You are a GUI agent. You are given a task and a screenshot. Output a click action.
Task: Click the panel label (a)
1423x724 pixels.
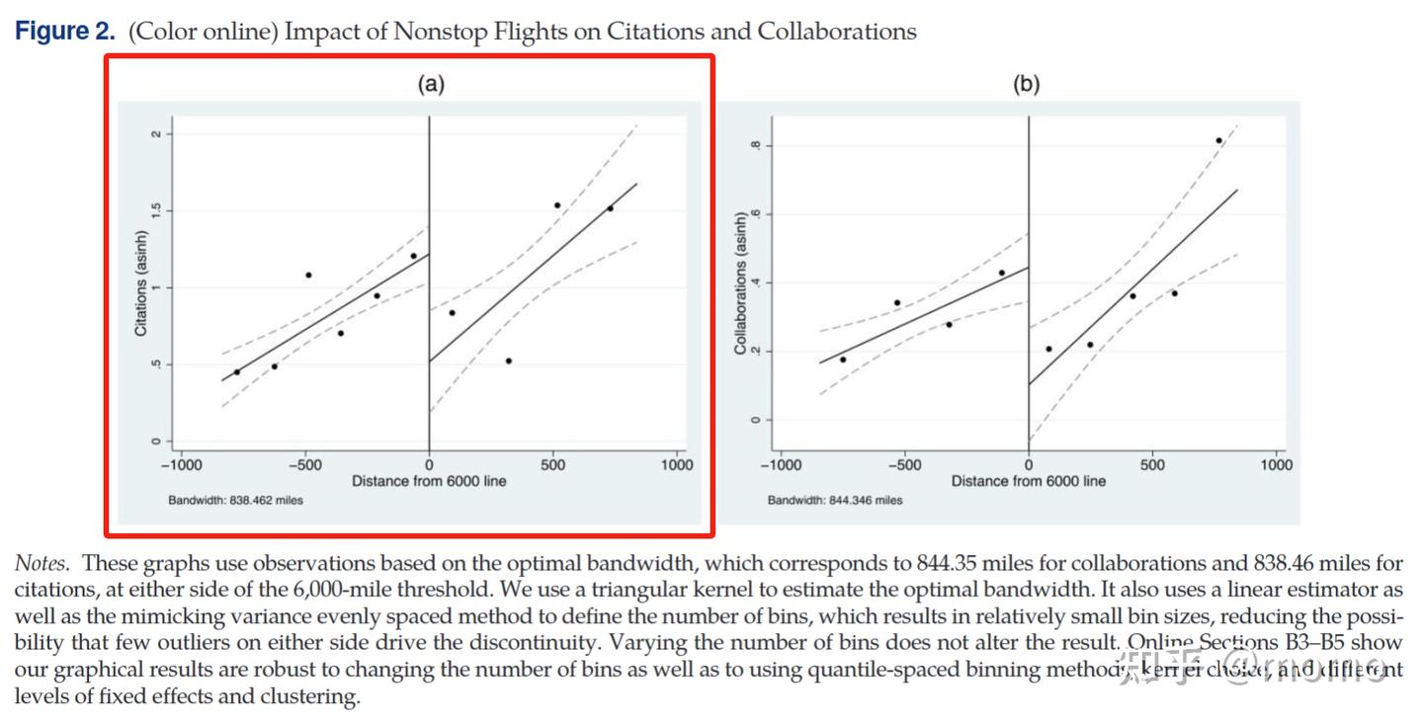pos(430,84)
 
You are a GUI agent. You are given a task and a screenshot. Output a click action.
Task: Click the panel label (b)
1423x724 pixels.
pos(1027,84)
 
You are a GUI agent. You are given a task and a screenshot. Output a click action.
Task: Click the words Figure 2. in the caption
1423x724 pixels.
pos(65,32)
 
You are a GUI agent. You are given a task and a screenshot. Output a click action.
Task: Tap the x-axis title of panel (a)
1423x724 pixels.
pos(429,481)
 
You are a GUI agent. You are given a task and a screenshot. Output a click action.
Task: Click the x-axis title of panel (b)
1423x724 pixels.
pos(1029,481)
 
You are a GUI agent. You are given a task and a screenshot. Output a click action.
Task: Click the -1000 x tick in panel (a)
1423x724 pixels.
pos(180,464)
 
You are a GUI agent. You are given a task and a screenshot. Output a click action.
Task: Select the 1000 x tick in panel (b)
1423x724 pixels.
pos(1276,464)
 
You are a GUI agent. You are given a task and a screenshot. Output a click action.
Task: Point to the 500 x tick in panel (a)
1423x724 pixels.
pos(552,464)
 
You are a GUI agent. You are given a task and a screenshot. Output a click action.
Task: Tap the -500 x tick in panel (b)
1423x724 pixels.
pos(903,464)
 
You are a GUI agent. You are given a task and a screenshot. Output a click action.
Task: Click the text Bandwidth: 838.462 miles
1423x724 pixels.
pos(235,500)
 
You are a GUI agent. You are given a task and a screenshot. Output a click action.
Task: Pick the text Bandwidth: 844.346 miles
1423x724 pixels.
pos(835,500)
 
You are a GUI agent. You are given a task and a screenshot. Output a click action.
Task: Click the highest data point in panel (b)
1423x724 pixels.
pos(1218,140)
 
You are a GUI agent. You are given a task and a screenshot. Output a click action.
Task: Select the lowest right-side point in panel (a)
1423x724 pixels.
pos(508,361)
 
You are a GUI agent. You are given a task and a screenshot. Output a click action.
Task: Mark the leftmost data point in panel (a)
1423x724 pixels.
pos(237,371)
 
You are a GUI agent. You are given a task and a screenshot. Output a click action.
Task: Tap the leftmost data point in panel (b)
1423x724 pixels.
pos(843,359)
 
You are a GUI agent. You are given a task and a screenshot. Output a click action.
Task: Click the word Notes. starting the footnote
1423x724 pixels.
pos(42,564)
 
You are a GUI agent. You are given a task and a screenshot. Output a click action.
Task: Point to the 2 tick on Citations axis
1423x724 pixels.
pos(156,133)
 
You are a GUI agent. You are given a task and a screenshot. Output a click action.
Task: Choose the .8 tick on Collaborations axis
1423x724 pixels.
pos(754,146)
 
